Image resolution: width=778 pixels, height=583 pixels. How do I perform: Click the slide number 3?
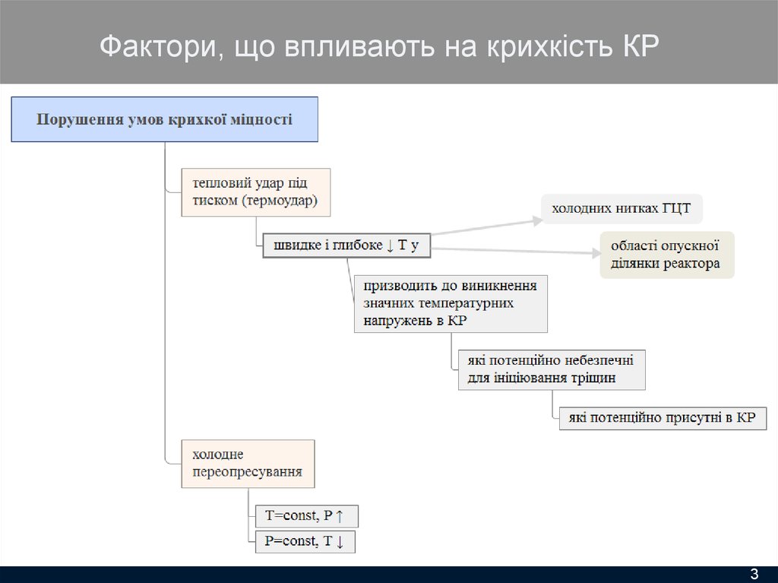tap(754, 572)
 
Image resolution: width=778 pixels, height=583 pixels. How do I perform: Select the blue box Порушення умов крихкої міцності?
tap(164, 119)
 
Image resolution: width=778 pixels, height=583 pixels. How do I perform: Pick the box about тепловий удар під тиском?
tap(255, 192)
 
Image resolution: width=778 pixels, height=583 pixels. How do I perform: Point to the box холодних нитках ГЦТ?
tap(621, 208)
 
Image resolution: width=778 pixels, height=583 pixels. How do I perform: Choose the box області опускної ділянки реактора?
tap(667, 255)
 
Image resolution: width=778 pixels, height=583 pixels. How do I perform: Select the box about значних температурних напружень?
tap(451, 304)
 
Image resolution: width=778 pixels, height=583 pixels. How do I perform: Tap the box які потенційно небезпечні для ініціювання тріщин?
tap(552, 369)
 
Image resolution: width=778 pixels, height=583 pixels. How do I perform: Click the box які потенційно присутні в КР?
tap(663, 418)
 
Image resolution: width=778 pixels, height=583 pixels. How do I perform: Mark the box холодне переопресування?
tap(247, 464)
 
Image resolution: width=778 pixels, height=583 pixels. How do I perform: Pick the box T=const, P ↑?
tap(306, 516)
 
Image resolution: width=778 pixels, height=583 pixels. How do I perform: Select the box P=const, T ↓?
tap(305, 542)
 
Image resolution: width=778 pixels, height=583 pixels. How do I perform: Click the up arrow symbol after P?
tap(340, 516)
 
